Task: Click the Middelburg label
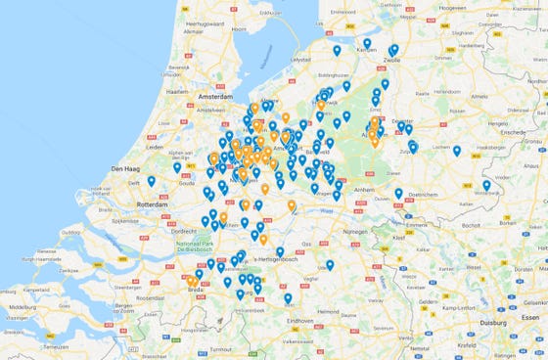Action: coord(23,307)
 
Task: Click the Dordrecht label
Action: coord(180,232)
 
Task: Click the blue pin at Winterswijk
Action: coord(486,184)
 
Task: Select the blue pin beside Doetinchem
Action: coord(398,193)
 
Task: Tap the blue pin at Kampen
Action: coord(367,43)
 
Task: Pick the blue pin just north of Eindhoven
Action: coord(288,297)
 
